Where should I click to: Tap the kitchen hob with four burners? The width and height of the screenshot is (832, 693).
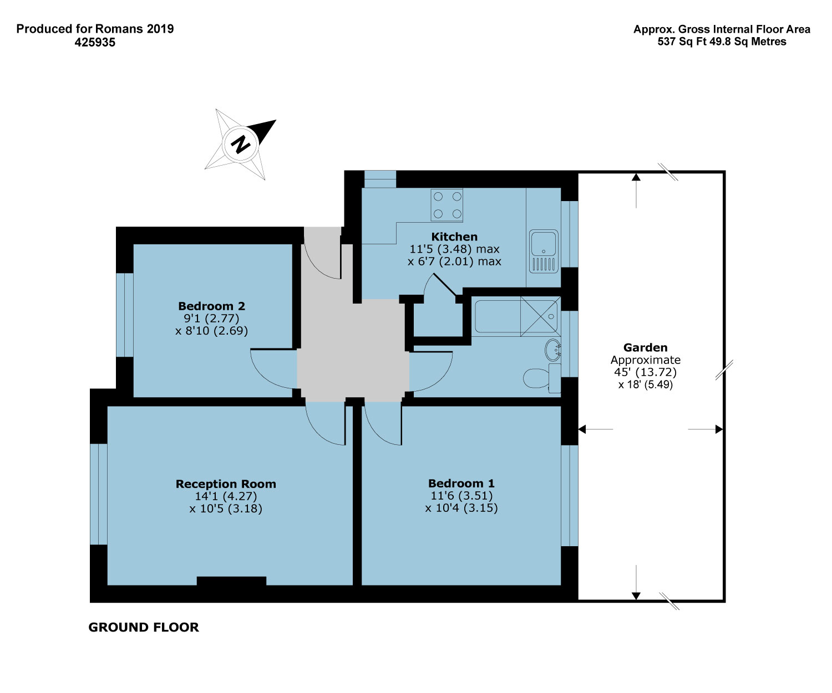point(447,204)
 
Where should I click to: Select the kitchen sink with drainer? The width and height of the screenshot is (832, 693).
point(544,251)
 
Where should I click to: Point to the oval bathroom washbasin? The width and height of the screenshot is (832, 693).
point(552,350)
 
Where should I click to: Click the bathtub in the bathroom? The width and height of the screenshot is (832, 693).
point(516,316)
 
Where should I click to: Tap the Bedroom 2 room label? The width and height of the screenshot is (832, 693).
point(211,306)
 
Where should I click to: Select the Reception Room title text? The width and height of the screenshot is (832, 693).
point(226,484)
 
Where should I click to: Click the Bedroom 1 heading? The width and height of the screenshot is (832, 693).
point(461,483)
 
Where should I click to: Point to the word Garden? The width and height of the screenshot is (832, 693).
point(645,347)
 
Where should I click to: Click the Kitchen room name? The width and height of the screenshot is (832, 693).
point(454,237)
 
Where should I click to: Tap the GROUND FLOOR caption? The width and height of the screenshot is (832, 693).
point(144,627)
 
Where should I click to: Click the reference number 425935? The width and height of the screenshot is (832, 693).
point(95,42)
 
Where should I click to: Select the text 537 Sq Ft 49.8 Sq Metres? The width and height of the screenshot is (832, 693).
point(722,42)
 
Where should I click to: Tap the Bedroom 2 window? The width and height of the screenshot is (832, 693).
point(125,315)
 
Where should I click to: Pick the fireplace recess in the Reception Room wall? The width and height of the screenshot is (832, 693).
point(231,581)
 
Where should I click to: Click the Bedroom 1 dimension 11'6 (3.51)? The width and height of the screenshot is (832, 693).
point(461,496)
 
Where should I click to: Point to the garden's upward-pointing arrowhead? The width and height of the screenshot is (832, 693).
point(636,177)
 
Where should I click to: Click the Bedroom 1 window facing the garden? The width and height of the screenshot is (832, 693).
point(570,496)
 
